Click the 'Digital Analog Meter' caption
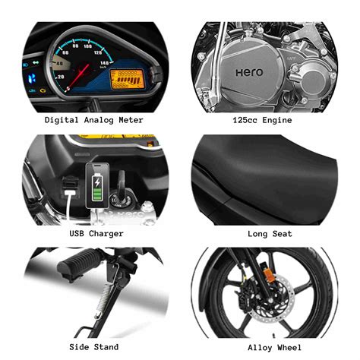pyautogui.click(x=94, y=120)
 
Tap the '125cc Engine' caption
pyautogui.click(x=262, y=120)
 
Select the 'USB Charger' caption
pyautogui.click(x=96, y=233)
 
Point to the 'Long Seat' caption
pyautogui.click(x=270, y=234)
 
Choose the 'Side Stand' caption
pyautogui.click(x=94, y=347)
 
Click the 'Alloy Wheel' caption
pyautogui.click(x=275, y=347)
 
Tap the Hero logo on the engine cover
pyautogui.click(x=249, y=73)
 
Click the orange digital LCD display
pyautogui.click(x=127, y=79)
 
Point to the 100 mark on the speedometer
pyautogui.click(x=87, y=46)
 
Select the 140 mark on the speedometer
pyautogui.click(x=104, y=62)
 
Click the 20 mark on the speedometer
pyautogui.click(x=61, y=77)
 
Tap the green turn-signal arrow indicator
pyautogui.click(x=36, y=62)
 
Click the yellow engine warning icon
pyautogui.click(x=43, y=90)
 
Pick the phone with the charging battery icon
pyautogui.click(x=97, y=186)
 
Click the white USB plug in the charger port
pyautogui.click(x=70, y=193)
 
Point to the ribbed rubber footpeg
pyautogui.click(x=78, y=261)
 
